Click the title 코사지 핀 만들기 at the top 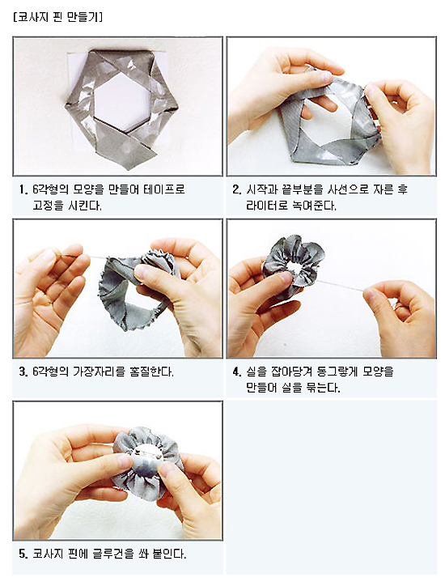click(x=58, y=17)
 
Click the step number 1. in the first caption click(x=23, y=190)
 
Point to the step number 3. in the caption click(x=23, y=372)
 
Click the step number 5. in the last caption click(x=23, y=554)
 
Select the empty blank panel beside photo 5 click(x=332, y=487)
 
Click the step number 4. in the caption click(x=237, y=372)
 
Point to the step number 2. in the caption click(x=237, y=190)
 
